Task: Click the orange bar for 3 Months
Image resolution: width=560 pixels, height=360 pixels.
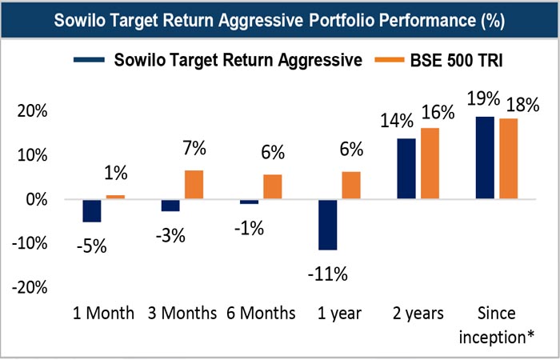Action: click(194, 184)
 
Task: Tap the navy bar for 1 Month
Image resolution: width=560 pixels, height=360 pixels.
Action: click(91, 210)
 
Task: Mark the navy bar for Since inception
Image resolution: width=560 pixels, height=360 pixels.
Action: click(483, 158)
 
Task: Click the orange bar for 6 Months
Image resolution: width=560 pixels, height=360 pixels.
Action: click(272, 186)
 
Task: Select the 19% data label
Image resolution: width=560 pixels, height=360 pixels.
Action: click(482, 100)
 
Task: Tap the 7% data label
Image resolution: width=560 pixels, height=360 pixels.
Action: click(194, 148)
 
